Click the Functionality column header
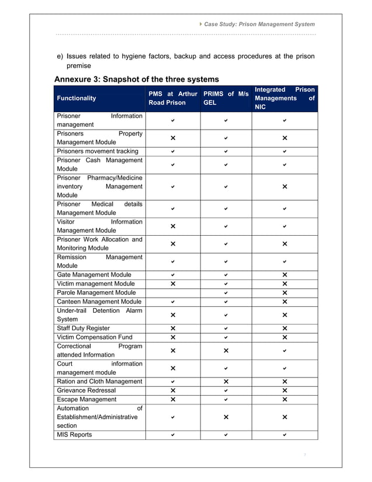(x=76, y=98)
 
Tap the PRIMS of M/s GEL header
(x=226, y=98)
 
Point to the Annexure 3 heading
(x=136, y=79)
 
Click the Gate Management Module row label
(x=94, y=275)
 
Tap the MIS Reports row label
(x=75, y=435)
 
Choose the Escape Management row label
(x=86, y=399)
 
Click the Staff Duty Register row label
(x=83, y=329)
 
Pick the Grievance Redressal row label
(x=86, y=390)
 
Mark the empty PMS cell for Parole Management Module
(x=173, y=292)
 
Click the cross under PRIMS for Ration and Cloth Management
(x=226, y=382)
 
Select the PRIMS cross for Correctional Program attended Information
(x=226, y=351)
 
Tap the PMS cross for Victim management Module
(x=173, y=284)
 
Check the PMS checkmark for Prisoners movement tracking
(x=173, y=152)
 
